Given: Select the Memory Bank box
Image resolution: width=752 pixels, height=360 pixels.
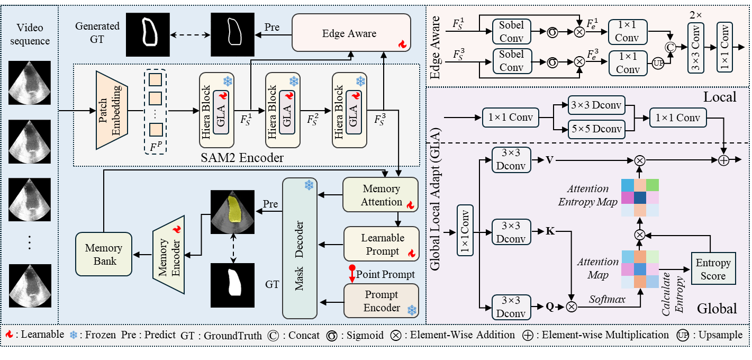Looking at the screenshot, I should tap(104, 254).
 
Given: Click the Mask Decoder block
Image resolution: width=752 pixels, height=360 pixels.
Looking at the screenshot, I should tap(298, 248).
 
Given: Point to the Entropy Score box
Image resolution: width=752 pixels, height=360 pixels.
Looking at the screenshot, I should tap(712, 268).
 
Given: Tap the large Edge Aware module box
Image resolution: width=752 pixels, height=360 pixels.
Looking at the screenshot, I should tap(351, 33).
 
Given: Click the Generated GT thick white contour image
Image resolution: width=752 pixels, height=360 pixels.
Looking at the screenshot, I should tap(147, 35).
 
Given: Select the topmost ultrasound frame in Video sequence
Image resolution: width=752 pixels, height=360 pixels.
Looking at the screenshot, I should tap(30, 83).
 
